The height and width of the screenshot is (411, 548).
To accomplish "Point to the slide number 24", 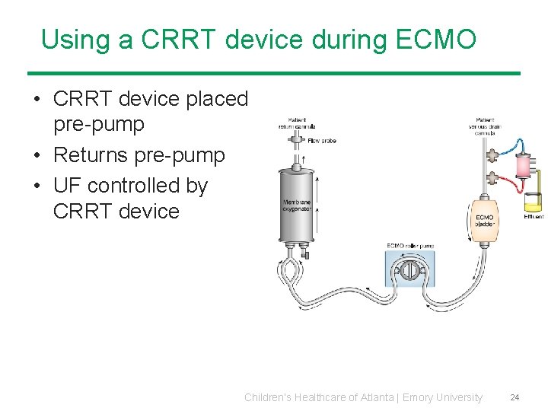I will click(x=515, y=397).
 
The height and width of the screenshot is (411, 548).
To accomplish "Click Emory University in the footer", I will click(x=442, y=397).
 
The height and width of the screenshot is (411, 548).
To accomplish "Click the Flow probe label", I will click(x=321, y=141).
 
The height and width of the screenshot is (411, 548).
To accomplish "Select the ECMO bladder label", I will click(x=485, y=221).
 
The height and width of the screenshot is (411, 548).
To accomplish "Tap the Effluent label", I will click(x=534, y=217).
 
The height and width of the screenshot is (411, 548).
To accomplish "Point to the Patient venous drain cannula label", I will click(x=485, y=126).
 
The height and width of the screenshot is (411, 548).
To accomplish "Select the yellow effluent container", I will click(x=534, y=201).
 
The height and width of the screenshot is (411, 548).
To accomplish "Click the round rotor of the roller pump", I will click(x=409, y=270).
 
